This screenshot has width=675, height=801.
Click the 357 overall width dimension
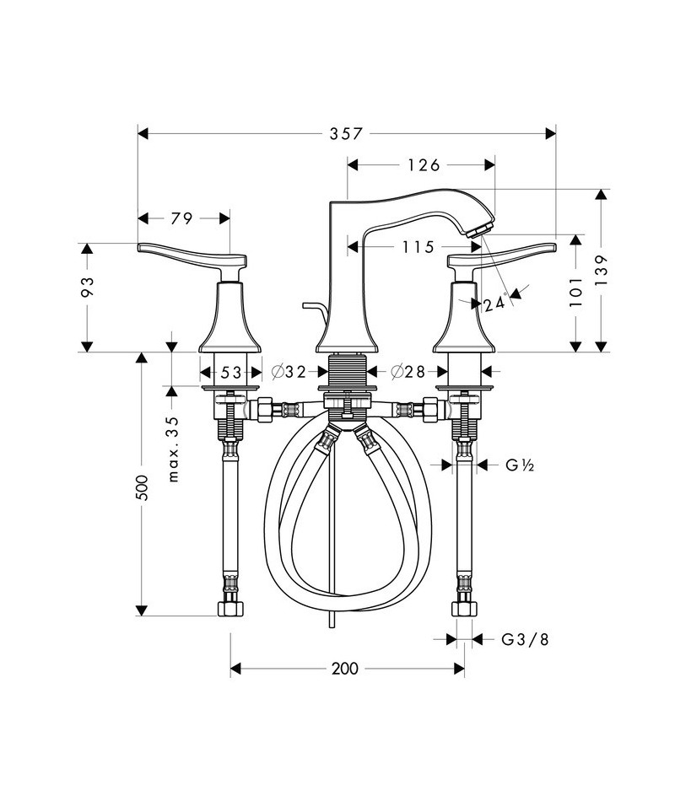pyautogui.click(x=346, y=134)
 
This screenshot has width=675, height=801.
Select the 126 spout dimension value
pyautogui.click(x=424, y=165)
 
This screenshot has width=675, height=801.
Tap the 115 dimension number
pyautogui.click(x=418, y=247)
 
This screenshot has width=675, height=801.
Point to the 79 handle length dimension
pyautogui.click(x=181, y=218)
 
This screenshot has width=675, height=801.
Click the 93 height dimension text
pyautogui.click(x=88, y=287)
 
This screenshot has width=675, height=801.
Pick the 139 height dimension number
pyautogui.click(x=602, y=271)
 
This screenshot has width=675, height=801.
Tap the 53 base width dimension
pyautogui.click(x=230, y=373)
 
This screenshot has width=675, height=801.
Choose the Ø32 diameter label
pyautogui.click(x=289, y=372)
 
